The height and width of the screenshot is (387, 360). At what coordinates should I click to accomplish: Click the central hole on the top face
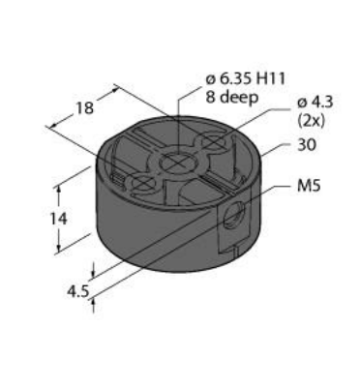coord(178,162)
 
